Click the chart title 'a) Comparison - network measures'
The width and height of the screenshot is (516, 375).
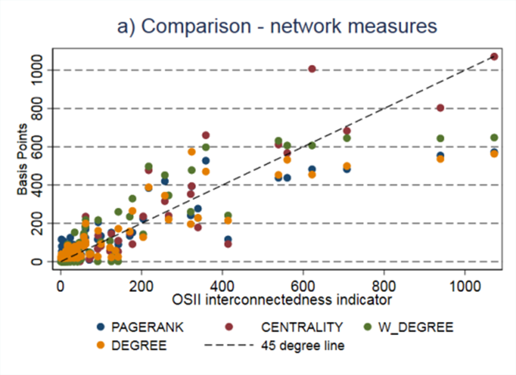tap(277, 26)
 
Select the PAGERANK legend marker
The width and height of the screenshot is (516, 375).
tap(101, 327)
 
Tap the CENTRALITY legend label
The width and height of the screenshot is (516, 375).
tap(302, 327)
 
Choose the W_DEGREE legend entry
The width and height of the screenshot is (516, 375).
tap(416, 327)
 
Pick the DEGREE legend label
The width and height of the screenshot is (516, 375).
tap(139, 346)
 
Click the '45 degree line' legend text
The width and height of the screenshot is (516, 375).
tap(303, 346)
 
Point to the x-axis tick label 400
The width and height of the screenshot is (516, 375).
tap(222, 287)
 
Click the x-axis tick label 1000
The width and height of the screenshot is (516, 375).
tap(465, 287)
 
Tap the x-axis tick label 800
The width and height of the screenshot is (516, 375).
tap(384, 287)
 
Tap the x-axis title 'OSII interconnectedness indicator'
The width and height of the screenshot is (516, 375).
tap(282, 300)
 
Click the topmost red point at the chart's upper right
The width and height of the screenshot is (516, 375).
tap(494, 57)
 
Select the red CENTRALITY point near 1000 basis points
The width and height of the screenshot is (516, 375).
tap(312, 69)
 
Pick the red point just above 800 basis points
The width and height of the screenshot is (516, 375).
tap(440, 108)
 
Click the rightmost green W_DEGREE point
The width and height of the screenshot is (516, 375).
tap(494, 138)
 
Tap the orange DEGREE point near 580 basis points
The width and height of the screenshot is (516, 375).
tap(192, 152)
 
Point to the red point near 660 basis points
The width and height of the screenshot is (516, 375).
tap(206, 135)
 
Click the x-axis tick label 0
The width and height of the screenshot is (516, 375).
tap(61, 287)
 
